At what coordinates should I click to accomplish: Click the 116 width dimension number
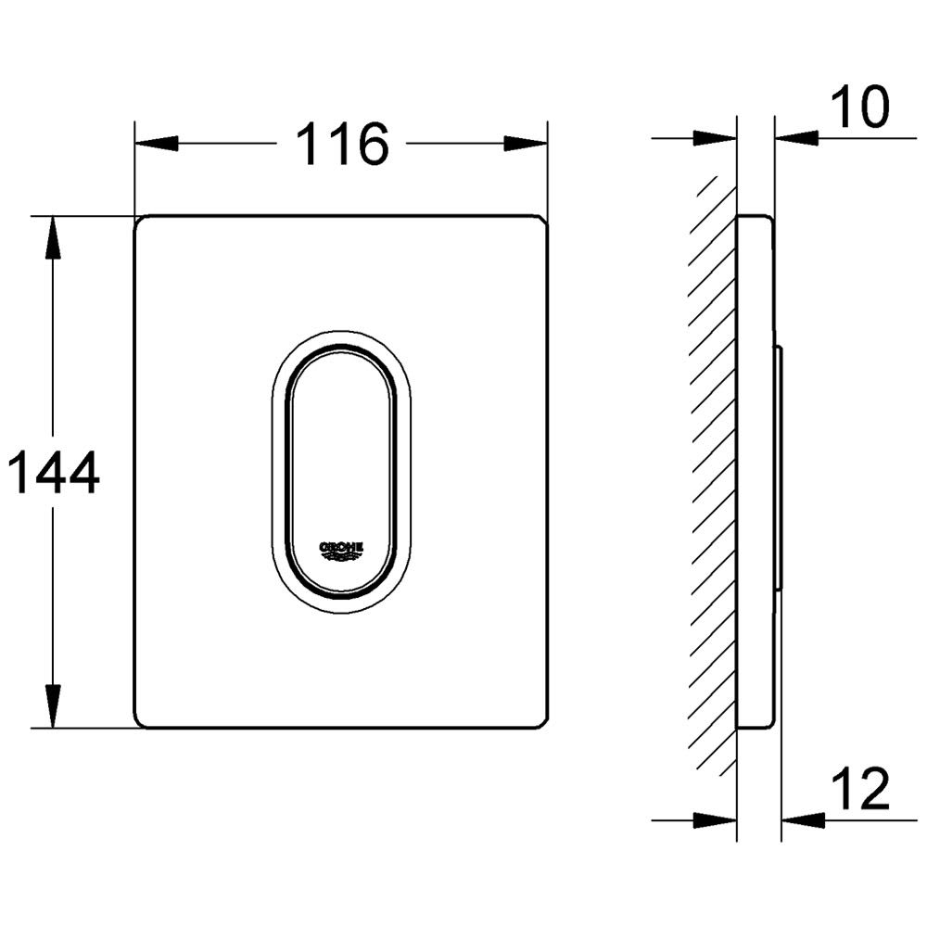coord(342,144)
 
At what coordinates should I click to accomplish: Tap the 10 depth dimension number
coord(859,107)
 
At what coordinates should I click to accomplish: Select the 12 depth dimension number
coord(860,789)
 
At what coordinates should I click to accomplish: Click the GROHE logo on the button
coord(341,550)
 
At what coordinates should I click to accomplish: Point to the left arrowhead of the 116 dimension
coord(157,144)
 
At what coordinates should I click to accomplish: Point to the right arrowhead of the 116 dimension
coord(526,144)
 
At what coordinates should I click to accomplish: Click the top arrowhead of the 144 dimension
coord(53,237)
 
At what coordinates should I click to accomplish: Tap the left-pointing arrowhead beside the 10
coord(796,138)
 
